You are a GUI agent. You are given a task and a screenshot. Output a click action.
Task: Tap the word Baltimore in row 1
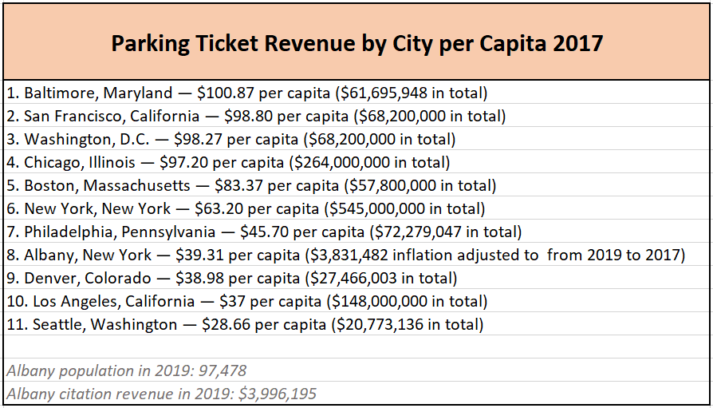[x=58, y=93]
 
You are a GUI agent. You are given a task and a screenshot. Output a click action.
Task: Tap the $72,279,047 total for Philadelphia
[x=412, y=232]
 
